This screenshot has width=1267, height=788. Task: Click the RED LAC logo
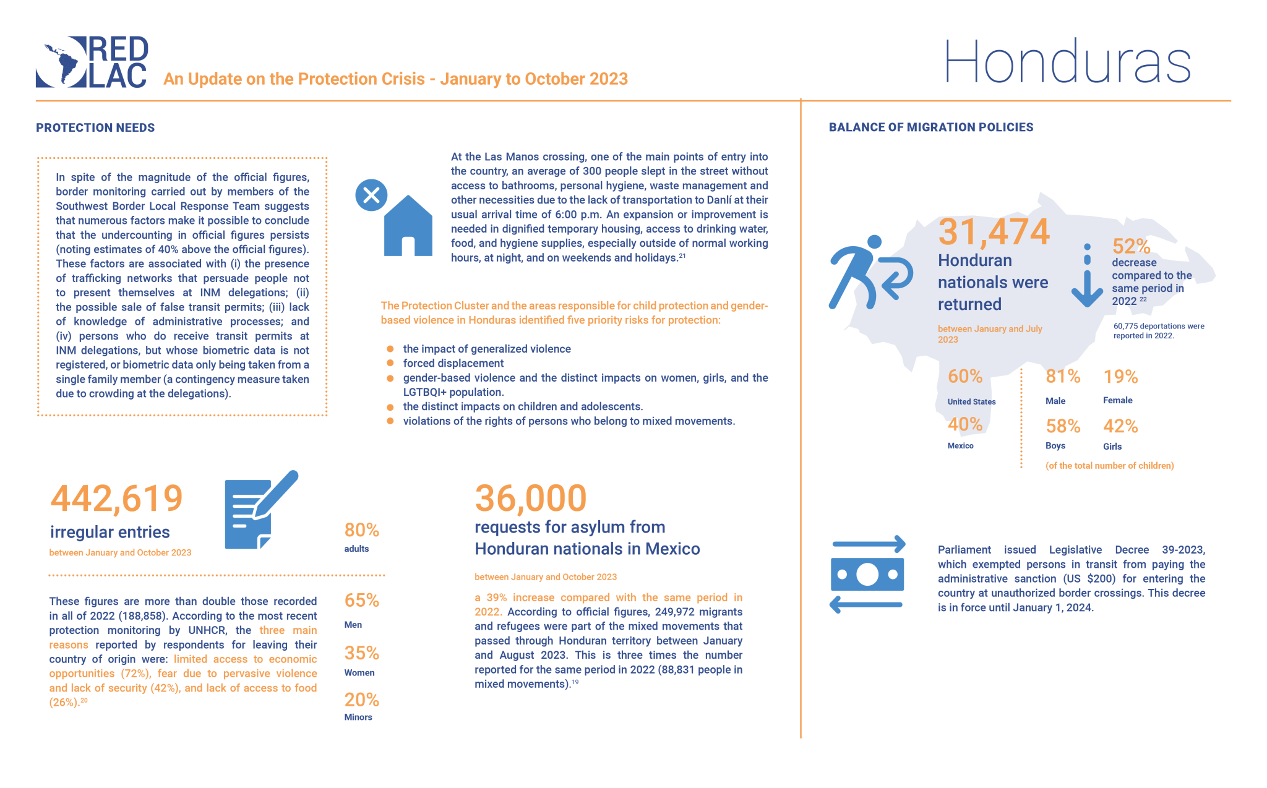pyautogui.click(x=92, y=62)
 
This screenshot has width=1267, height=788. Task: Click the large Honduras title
pyautogui.click(x=1067, y=62)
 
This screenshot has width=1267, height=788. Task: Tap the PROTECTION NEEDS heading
pyautogui.click(x=95, y=128)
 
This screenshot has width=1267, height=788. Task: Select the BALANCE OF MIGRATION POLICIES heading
pyautogui.click(x=930, y=127)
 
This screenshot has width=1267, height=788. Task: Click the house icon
pyautogui.click(x=408, y=227)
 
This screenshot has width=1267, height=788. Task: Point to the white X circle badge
pyautogui.click(x=371, y=195)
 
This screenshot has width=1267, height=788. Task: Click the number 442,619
pyautogui.click(x=116, y=499)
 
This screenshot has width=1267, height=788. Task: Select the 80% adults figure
pyautogui.click(x=361, y=530)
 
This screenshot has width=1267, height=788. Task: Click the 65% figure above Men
pyautogui.click(x=361, y=601)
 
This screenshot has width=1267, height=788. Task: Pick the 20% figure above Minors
pyautogui.click(x=361, y=700)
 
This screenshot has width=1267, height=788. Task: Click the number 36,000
pyautogui.click(x=530, y=499)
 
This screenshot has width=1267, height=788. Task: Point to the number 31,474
pyautogui.click(x=994, y=232)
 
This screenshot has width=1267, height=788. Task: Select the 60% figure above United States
pyautogui.click(x=965, y=376)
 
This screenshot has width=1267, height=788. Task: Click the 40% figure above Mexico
pyautogui.click(x=965, y=424)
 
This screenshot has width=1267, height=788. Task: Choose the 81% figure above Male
pyautogui.click(x=1062, y=377)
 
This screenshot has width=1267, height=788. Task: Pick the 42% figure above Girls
pyautogui.click(x=1120, y=426)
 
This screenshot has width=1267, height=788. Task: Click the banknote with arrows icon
pyautogui.click(x=867, y=575)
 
